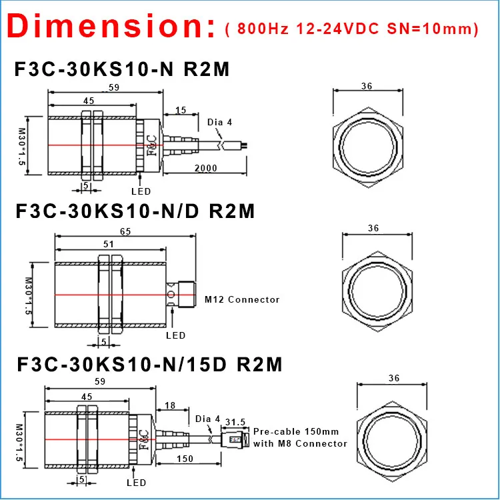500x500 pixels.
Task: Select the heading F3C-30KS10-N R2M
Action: pyautogui.click(x=122, y=69)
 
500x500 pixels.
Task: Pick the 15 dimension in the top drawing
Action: pyautogui.click(x=181, y=110)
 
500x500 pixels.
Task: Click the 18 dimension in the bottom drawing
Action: pyautogui.click(x=170, y=405)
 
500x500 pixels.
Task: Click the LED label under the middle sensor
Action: pyautogui.click(x=175, y=335)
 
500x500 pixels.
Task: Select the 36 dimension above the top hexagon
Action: pyautogui.click(x=366, y=87)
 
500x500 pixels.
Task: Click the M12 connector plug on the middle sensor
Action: pyautogui.click(x=184, y=294)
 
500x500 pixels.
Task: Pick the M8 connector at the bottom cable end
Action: pyautogui.click(x=235, y=440)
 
